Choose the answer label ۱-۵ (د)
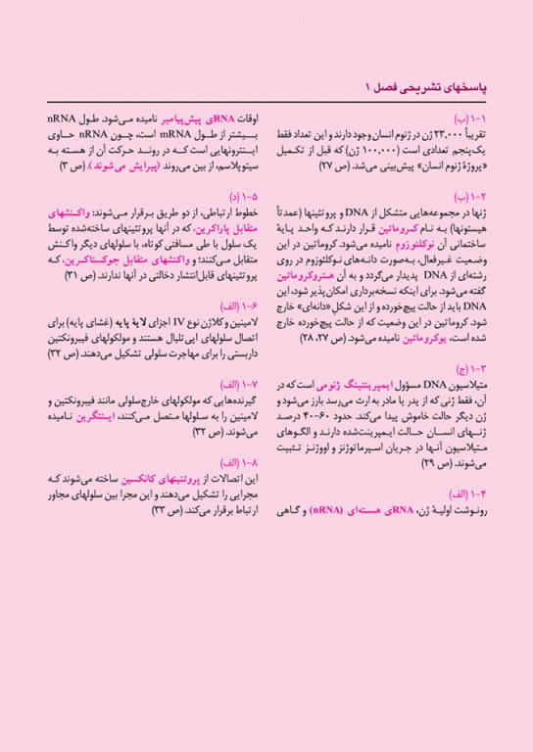click(236, 196)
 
